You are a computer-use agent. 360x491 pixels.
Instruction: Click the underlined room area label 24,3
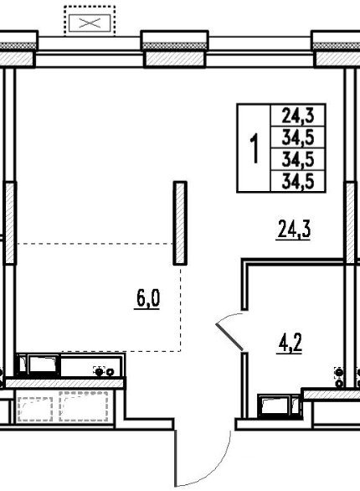(294, 230)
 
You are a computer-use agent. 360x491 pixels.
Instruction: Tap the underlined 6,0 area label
(147, 299)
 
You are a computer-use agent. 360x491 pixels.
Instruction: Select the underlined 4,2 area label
(290, 344)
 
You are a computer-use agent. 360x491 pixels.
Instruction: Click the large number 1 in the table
(255, 147)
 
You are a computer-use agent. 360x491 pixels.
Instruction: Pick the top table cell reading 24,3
(298, 116)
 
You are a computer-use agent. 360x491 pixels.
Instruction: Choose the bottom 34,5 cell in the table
(298, 182)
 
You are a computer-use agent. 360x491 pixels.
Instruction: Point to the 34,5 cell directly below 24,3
(298, 137)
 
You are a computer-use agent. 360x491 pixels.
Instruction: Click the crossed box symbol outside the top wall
(90, 23)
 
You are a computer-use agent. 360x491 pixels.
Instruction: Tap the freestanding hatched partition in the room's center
(180, 223)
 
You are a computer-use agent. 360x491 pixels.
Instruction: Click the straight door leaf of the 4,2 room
(229, 337)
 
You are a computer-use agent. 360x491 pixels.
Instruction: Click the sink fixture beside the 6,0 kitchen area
(39, 364)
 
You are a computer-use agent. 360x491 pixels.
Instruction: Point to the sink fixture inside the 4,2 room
(280, 406)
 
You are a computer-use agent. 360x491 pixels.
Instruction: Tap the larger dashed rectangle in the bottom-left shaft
(84, 406)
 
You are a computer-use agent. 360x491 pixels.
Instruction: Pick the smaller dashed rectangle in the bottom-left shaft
(35, 409)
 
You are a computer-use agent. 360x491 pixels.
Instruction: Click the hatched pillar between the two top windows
(174, 59)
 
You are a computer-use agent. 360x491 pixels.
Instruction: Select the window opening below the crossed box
(89, 52)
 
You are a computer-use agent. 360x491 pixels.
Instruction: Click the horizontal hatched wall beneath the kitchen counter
(65, 383)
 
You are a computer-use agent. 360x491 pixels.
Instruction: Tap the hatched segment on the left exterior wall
(10, 223)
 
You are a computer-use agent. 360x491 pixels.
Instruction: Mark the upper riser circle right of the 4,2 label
(339, 372)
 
